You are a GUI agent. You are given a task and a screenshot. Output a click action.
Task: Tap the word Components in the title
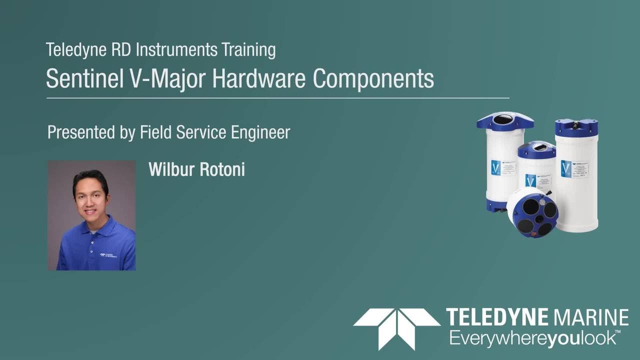[x=373, y=78]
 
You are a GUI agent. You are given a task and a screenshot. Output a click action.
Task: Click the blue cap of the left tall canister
[x=504, y=121]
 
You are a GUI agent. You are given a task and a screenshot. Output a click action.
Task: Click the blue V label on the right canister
[x=566, y=168]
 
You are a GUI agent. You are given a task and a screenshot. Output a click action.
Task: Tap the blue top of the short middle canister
[x=536, y=149]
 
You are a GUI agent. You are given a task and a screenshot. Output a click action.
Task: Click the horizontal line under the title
[x=277, y=98]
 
